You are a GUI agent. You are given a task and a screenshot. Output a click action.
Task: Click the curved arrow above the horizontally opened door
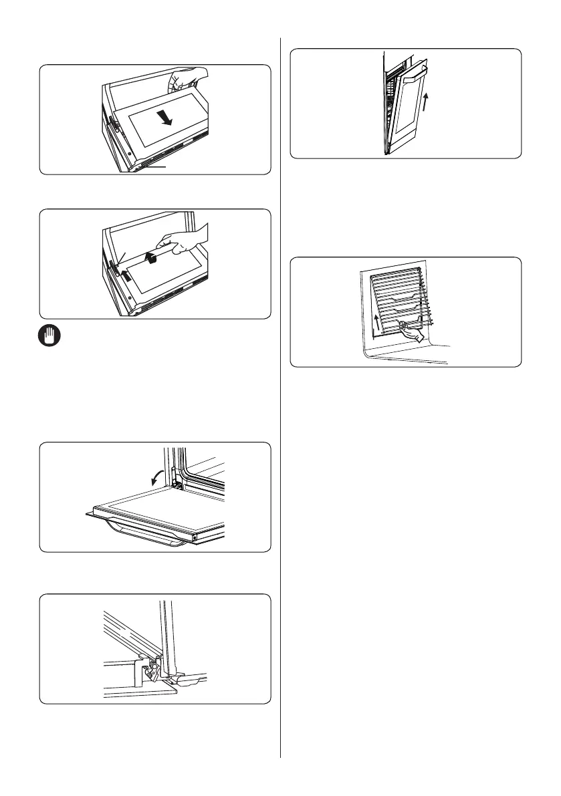158,476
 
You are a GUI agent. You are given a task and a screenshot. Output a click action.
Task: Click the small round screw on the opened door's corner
195,536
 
